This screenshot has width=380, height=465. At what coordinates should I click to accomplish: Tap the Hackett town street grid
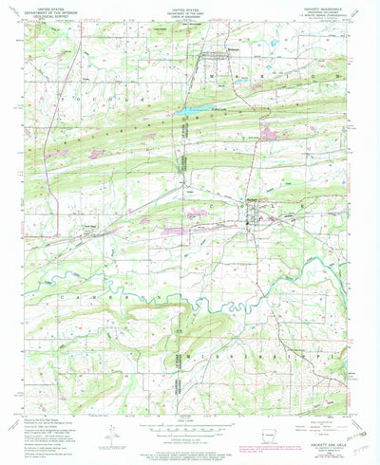click(x=254, y=211)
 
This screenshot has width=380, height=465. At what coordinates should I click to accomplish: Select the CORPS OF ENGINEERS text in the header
click(x=187, y=21)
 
